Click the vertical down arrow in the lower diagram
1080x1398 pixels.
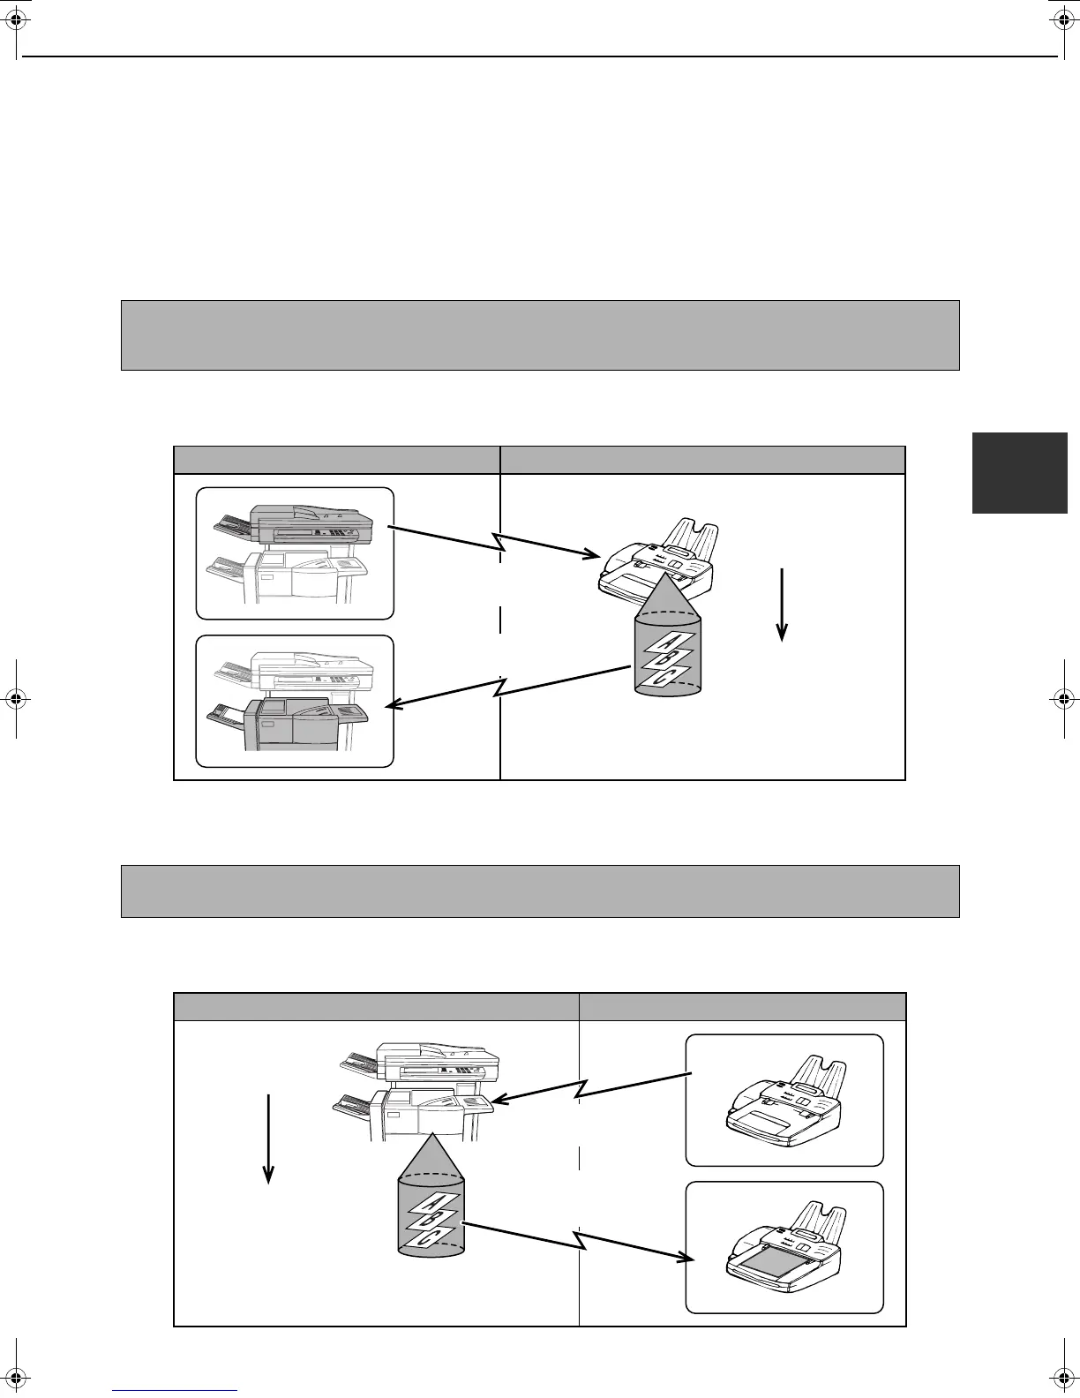268,1139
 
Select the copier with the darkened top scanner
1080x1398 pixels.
294,552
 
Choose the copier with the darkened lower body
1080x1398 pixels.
294,702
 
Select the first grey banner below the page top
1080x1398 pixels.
540,334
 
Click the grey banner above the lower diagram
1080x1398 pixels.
540,891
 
